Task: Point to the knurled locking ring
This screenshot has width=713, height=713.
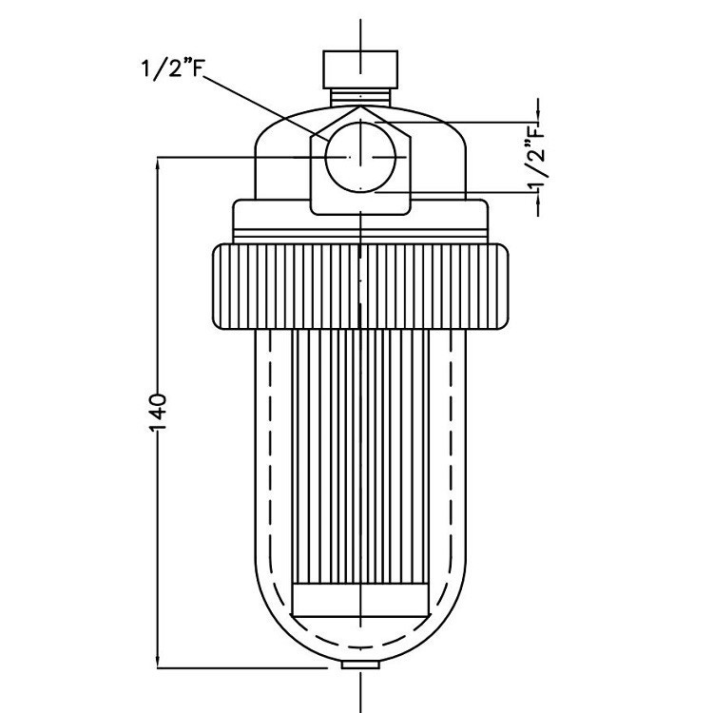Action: [x=361, y=286]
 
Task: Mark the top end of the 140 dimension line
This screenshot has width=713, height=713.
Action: [x=159, y=157]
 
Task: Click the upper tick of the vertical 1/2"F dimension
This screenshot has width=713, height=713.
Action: [x=538, y=121]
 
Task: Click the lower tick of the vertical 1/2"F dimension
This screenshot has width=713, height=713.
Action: [x=538, y=191]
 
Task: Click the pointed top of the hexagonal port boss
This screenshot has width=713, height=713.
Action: [x=361, y=108]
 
